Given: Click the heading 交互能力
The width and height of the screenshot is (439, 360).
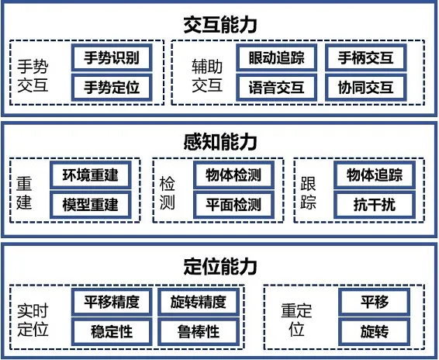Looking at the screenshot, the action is [x=220, y=25].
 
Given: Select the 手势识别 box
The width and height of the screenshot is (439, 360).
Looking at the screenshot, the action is [x=112, y=57].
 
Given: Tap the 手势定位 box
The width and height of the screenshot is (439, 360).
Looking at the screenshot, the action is [x=112, y=87].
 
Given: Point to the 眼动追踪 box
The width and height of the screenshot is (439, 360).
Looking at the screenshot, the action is [x=277, y=57].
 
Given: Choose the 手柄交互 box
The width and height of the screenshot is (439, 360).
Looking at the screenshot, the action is [x=365, y=57].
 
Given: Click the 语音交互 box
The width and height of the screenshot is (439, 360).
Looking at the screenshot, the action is [x=277, y=87].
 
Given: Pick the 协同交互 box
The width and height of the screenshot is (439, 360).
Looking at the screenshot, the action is [x=365, y=87].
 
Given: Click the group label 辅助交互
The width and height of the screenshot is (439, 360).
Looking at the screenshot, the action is [x=207, y=75].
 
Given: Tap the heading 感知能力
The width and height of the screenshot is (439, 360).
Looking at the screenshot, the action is [x=220, y=142].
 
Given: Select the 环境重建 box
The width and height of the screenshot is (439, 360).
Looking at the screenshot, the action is [x=91, y=175].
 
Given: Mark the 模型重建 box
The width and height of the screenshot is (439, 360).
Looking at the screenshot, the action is [x=91, y=205].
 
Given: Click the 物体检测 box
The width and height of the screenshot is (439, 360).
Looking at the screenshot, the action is [x=233, y=175].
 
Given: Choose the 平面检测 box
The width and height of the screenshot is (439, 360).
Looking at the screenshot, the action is [x=233, y=205].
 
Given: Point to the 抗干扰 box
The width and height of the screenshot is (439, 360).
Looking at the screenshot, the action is [x=375, y=205].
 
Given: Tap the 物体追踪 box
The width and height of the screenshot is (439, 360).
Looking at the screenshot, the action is [x=375, y=175].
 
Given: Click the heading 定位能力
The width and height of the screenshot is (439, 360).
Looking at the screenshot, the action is [x=220, y=266].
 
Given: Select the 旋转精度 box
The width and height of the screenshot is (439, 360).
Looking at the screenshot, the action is [x=199, y=302].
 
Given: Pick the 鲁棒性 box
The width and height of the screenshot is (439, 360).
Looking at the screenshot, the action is [x=199, y=332].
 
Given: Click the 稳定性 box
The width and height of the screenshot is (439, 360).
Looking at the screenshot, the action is [x=112, y=332].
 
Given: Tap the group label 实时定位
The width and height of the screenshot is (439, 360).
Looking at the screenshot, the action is [x=33, y=320].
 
